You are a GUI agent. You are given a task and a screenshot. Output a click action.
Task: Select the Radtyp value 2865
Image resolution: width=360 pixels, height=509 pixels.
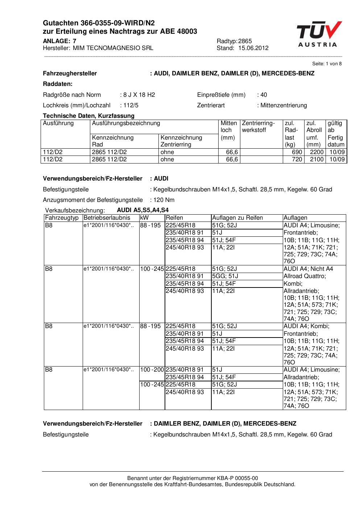[245, 41]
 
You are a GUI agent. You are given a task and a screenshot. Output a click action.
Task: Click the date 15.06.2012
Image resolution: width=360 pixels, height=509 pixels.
[253, 48]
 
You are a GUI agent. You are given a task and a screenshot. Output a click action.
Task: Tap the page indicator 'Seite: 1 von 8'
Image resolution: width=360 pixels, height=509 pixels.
[327, 64]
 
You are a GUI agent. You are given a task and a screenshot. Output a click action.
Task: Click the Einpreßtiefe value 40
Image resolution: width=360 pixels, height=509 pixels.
[264, 95]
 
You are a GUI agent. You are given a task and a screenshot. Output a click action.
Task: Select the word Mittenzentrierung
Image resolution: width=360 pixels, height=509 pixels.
[284, 105]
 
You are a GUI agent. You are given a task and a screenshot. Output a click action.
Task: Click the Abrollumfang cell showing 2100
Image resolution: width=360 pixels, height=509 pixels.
[316, 160]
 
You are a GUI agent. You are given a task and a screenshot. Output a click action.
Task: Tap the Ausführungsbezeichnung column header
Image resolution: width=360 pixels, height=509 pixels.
[126, 123]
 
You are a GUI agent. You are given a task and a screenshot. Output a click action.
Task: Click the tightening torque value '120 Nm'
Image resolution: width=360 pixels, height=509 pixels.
[164, 200]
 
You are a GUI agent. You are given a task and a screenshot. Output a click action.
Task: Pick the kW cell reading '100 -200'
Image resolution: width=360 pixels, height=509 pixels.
[152, 370]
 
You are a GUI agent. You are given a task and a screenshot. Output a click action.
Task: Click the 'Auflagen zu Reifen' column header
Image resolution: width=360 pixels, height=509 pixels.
[237, 218]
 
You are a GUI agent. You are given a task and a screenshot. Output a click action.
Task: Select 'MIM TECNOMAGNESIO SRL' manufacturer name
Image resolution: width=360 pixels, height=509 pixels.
[113, 48]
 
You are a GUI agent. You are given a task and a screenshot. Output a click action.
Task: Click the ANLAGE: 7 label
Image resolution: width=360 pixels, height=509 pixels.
[59, 41]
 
